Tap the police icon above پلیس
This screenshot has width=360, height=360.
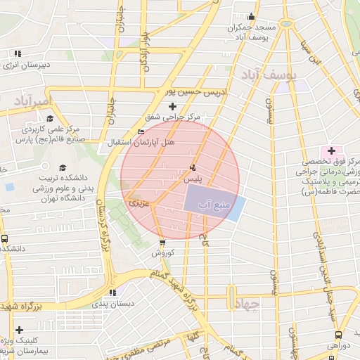click(193, 168)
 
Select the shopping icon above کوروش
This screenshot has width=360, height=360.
click(162, 243)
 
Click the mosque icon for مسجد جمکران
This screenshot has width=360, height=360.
click(252, 17)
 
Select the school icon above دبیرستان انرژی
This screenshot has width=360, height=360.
click(18, 53)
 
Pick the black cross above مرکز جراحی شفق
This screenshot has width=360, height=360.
click(173, 106)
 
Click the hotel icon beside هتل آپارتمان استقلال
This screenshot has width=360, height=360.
click(141, 132)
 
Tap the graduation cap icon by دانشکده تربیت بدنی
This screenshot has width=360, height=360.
click(63, 167)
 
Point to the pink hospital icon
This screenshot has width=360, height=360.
click(330, 151)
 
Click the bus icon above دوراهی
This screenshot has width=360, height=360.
click(339, 335)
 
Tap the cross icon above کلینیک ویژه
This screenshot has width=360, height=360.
click(18, 330)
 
